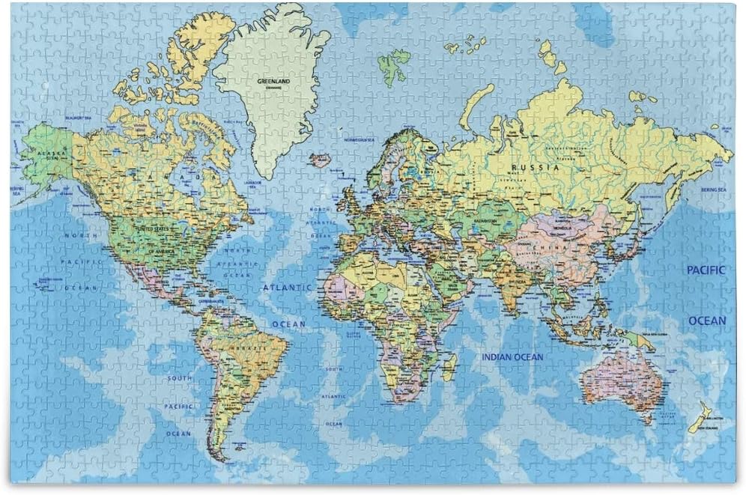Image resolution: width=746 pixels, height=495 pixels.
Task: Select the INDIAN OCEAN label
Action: [x=512, y=357]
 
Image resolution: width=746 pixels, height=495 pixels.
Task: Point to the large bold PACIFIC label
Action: [x=706, y=270]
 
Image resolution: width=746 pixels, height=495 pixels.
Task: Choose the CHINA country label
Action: [x=550, y=246]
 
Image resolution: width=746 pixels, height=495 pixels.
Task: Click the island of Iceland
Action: [x=320, y=160]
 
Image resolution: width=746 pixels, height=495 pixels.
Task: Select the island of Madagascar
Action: [x=449, y=366]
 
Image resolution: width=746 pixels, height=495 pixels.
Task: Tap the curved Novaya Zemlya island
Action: [x=474, y=106]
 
